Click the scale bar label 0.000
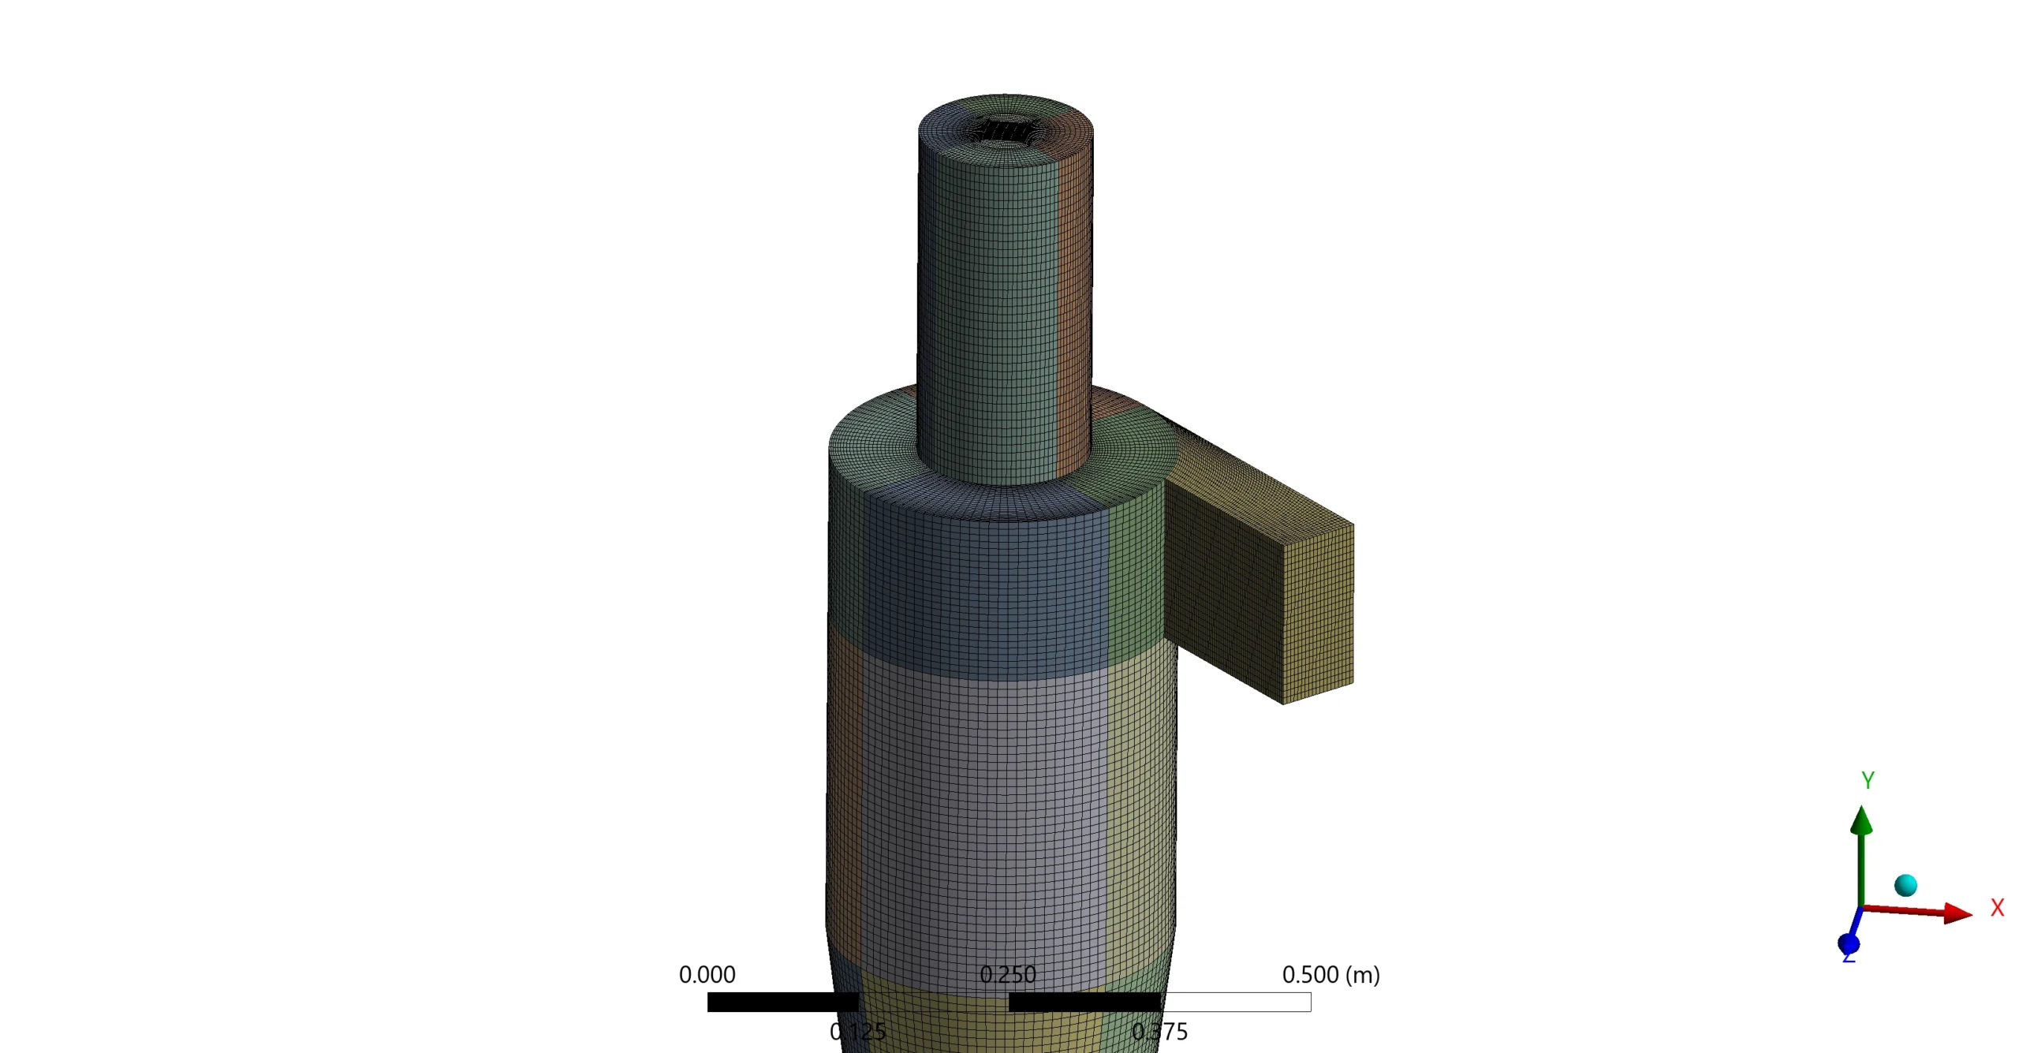coord(707,974)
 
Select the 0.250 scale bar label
coord(1007,974)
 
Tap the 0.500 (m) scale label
coord(1330,974)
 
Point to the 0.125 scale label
coord(857,1031)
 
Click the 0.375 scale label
coord(1159,1031)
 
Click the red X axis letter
coord(1996,907)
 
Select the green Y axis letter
coord(1867,779)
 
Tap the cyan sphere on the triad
coord(1905,885)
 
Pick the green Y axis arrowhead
coord(1860,820)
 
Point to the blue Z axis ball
coord(1848,943)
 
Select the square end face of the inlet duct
coord(1317,614)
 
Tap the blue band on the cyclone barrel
coord(986,592)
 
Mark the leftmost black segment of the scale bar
coord(782,1002)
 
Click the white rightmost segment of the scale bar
coord(1235,1002)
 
